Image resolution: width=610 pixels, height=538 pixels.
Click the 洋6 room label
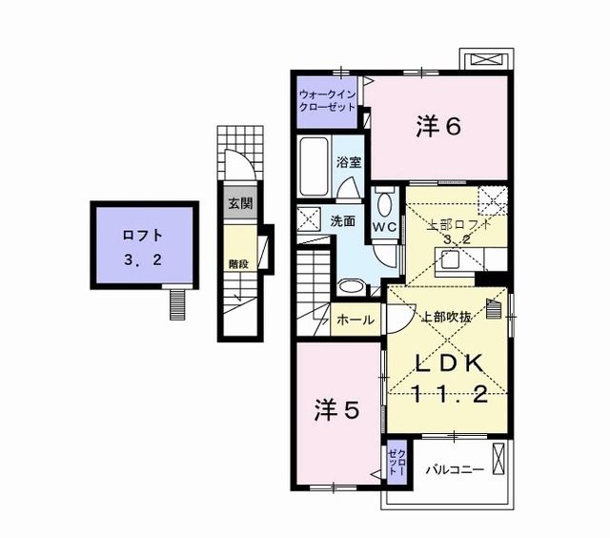[x=438, y=126]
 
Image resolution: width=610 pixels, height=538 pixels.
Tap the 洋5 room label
[x=337, y=410]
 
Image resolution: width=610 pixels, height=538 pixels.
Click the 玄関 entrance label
[x=239, y=203]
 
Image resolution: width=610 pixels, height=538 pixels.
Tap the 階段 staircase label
[x=238, y=263]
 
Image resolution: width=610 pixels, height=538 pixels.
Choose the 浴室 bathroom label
[x=348, y=162]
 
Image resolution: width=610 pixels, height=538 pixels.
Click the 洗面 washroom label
[x=343, y=220]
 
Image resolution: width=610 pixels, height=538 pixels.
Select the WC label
[x=384, y=227]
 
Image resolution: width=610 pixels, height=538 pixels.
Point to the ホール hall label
[x=356, y=321]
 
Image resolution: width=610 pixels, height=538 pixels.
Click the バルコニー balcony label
[x=454, y=469]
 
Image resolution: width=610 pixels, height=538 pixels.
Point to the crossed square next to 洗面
[x=310, y=218]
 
